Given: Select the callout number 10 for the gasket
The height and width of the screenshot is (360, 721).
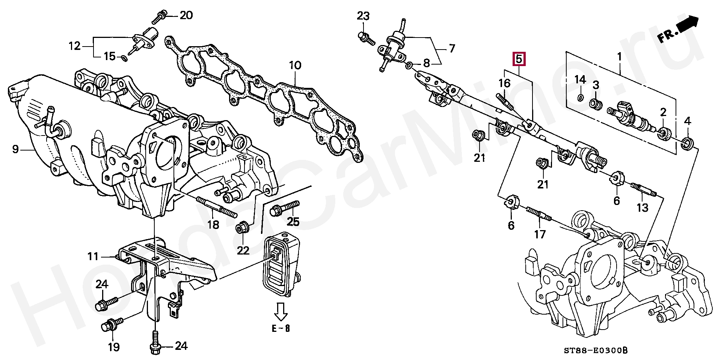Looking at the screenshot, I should coord(295,65).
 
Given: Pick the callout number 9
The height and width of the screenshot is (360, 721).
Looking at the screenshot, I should coord(15,150).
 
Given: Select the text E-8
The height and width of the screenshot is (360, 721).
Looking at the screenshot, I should coord(281,329).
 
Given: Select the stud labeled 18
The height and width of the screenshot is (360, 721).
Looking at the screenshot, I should coord(216,208).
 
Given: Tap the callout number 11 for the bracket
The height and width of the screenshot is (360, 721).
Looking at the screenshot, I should coord(93,257).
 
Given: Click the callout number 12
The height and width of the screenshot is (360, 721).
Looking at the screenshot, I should coord(75,46).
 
